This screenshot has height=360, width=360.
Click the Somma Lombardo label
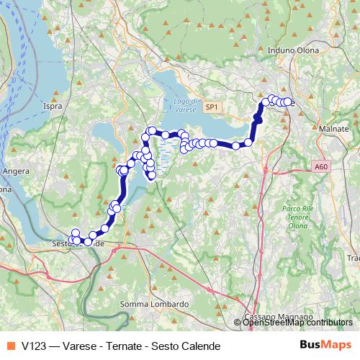point(154,304)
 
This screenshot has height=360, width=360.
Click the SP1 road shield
point(211,107)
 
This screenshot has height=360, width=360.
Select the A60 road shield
point(321,166)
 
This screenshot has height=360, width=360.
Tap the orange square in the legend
point(9,346)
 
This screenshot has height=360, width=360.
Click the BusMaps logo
point(325,346)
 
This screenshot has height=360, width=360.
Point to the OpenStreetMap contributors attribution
point(297,323)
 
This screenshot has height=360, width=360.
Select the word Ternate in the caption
point(119,346)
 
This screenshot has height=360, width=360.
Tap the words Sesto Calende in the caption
point(181,346)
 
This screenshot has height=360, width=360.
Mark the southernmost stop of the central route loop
point(152,175)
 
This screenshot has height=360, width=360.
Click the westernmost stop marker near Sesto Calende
point(71,240)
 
